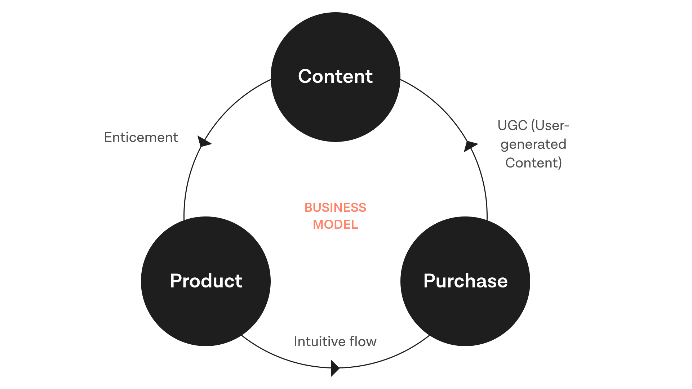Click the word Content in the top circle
(x=335, y=76)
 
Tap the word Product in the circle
(x=206, y=281)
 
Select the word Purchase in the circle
(x=465, y=281)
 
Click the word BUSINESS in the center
(x=335, y=207)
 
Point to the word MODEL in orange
(x=335, y=224)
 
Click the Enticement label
(x=141, y=137)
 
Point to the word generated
(x=533, y=144)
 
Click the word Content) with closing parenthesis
(x=533, y=163)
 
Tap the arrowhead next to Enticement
(x=204, y=142)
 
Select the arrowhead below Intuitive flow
(x=335, y=368)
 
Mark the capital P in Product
(x=176, y=281)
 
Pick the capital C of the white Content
(x=305, y=76)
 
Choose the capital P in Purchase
(x=429, y=281)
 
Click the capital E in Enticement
(x=107, y=137)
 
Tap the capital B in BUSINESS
(x=309, y=207)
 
